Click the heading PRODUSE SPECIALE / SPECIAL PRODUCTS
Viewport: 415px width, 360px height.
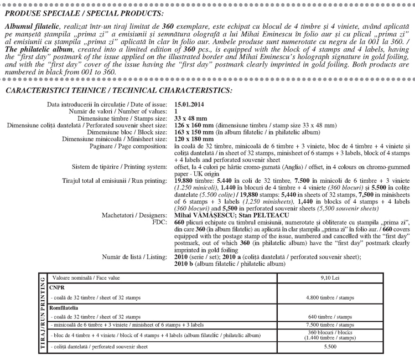84,13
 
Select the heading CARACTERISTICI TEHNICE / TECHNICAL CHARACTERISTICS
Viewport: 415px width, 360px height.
118,90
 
